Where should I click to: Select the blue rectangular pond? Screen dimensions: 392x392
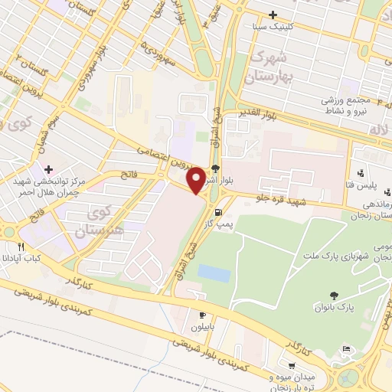212,272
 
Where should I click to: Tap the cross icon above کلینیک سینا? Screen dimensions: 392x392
273,14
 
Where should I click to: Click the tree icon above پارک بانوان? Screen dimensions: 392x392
334,296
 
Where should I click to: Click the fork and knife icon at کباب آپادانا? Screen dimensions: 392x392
21,247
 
